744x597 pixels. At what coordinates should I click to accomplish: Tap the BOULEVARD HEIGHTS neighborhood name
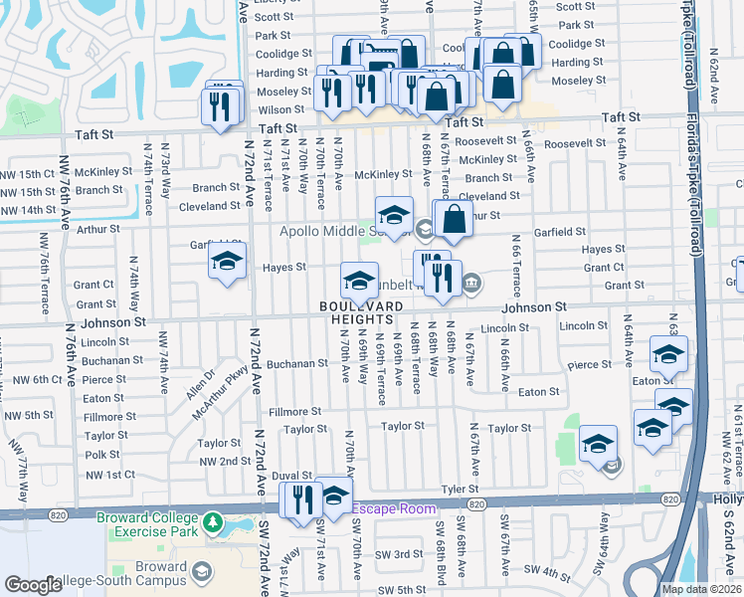point(361,311)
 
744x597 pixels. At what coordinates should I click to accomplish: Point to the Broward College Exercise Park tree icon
point(211,522)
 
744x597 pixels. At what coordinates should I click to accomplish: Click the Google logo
point(33,585)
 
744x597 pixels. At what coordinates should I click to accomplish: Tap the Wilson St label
point(281,110)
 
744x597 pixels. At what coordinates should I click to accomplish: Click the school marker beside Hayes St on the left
point(227,263)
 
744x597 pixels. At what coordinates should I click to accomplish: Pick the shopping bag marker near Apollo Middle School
point(453,219)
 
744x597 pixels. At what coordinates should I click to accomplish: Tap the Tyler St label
point(461,489)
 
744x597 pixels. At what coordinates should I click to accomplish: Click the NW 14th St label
point(28,210)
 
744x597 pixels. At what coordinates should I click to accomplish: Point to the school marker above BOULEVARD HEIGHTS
point(359,279)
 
